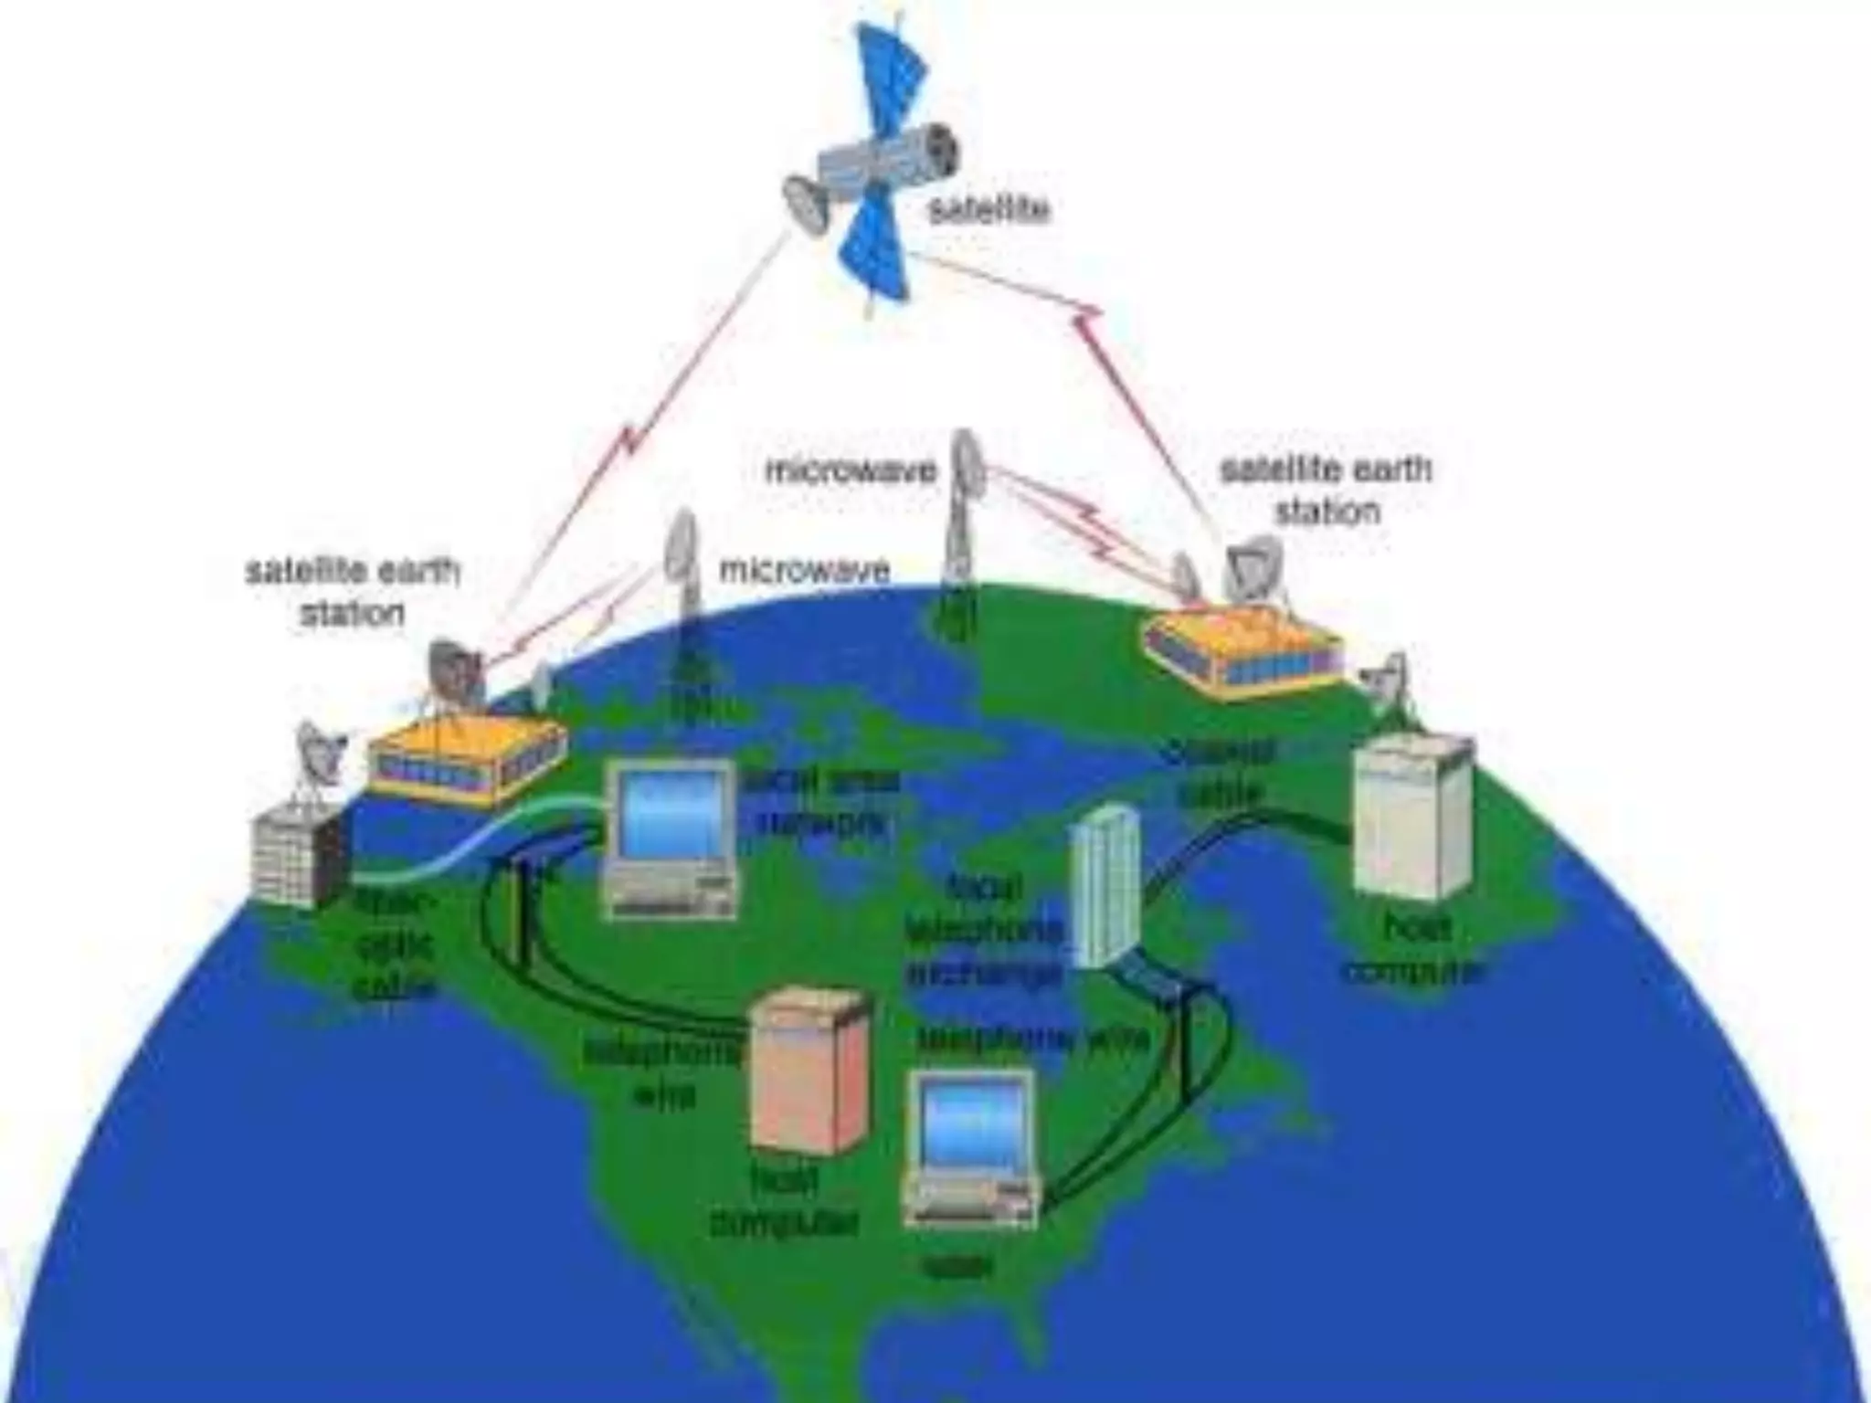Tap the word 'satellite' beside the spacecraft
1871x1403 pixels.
pyautogui.click(x=988, y=210)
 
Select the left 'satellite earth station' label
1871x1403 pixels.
pyautogui.click(x=352, y=592)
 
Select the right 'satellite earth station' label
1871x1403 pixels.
pyautogui.click(x=1327, y=490)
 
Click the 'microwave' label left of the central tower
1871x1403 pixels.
pyautogui.click(x=851, y=470)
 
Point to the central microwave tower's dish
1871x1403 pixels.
pyautogui.click(x=966, y=466)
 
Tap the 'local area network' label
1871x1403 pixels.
pyautogui.click(x=820, y=802)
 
